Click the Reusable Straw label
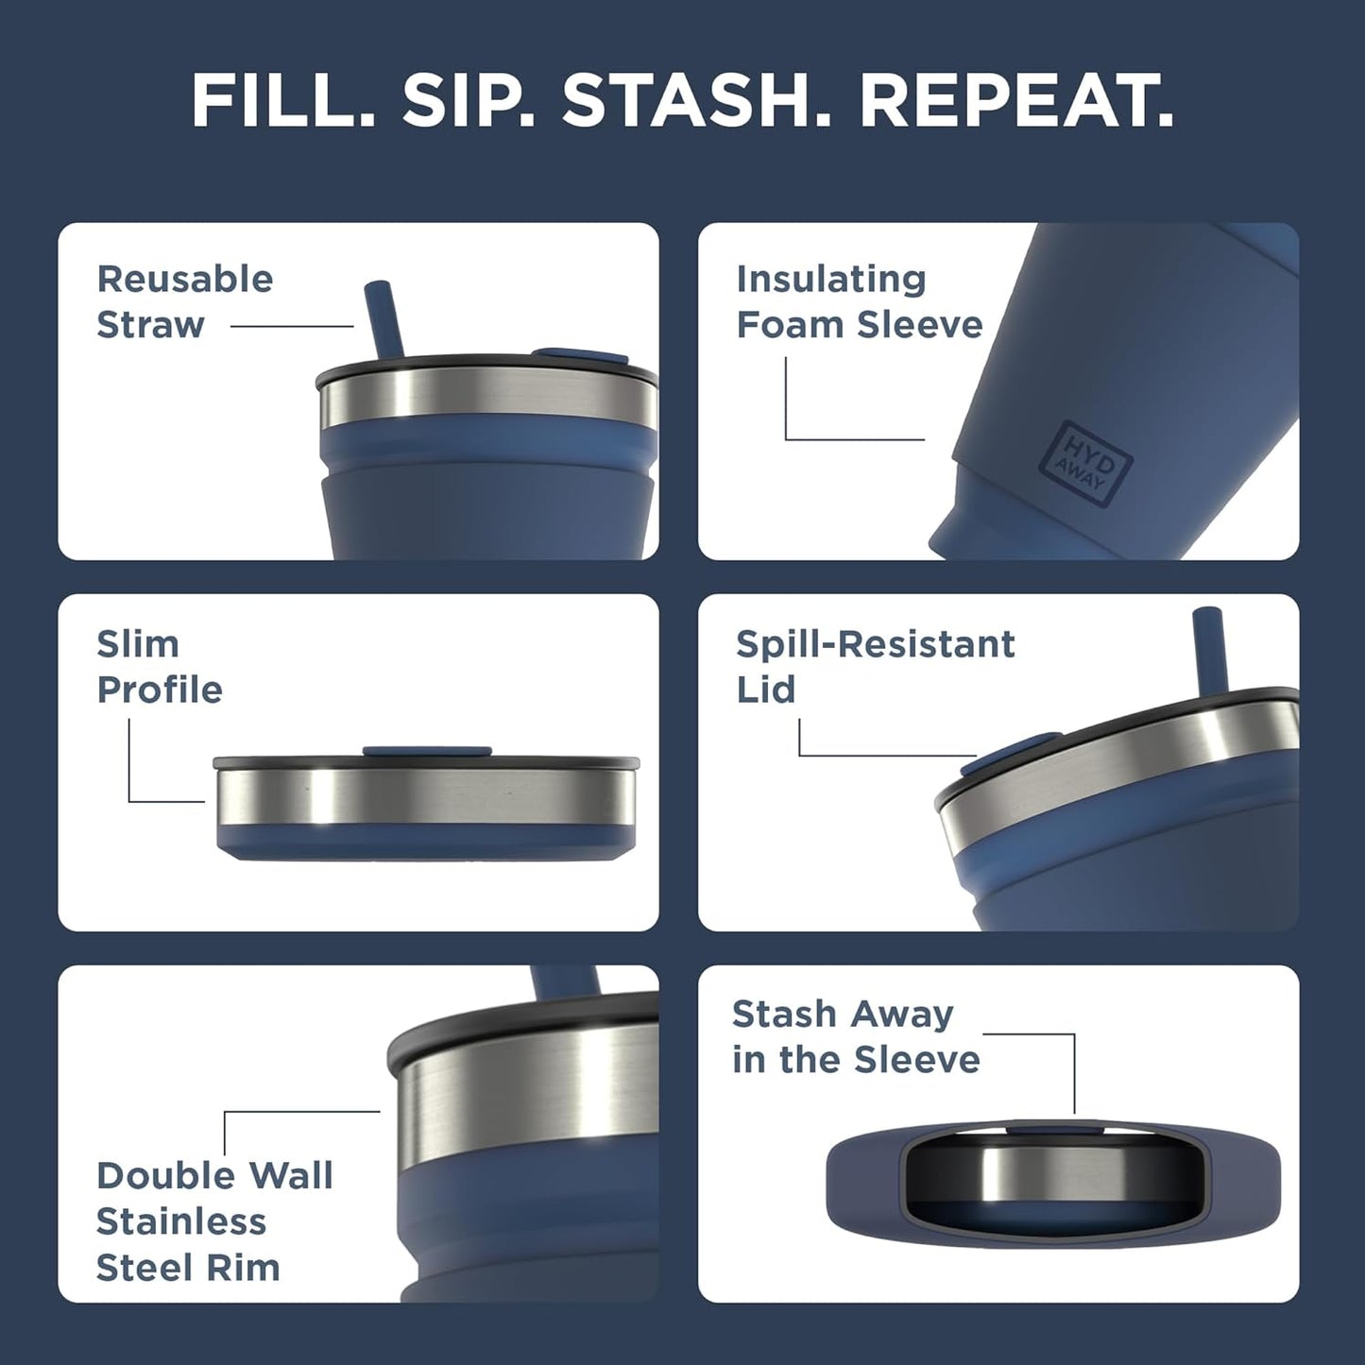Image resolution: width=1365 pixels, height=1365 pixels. pyautogui.click(x=184, y=301)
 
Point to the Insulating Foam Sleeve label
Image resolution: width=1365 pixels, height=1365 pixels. pyautogui.click(x=859, y=301)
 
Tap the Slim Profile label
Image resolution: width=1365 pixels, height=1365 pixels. pyautogui.click(x=159, y=666)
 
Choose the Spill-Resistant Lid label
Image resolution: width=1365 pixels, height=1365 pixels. pyautogui.click(x=875, y=666)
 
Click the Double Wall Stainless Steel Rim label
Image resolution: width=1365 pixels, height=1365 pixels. pyautogui.click(x=214, y=1221)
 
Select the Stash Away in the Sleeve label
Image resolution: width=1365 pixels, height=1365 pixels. pyautogui.click(x=856, y=1036)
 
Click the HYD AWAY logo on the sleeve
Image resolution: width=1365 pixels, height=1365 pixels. pyautogui.click(x=1084, y=460)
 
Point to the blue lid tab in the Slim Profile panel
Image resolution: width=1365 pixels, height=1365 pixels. pyautogui.click(x=426, y=752)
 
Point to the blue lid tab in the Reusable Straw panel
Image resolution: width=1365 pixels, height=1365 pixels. pyautogui.click(x=580, y=356)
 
